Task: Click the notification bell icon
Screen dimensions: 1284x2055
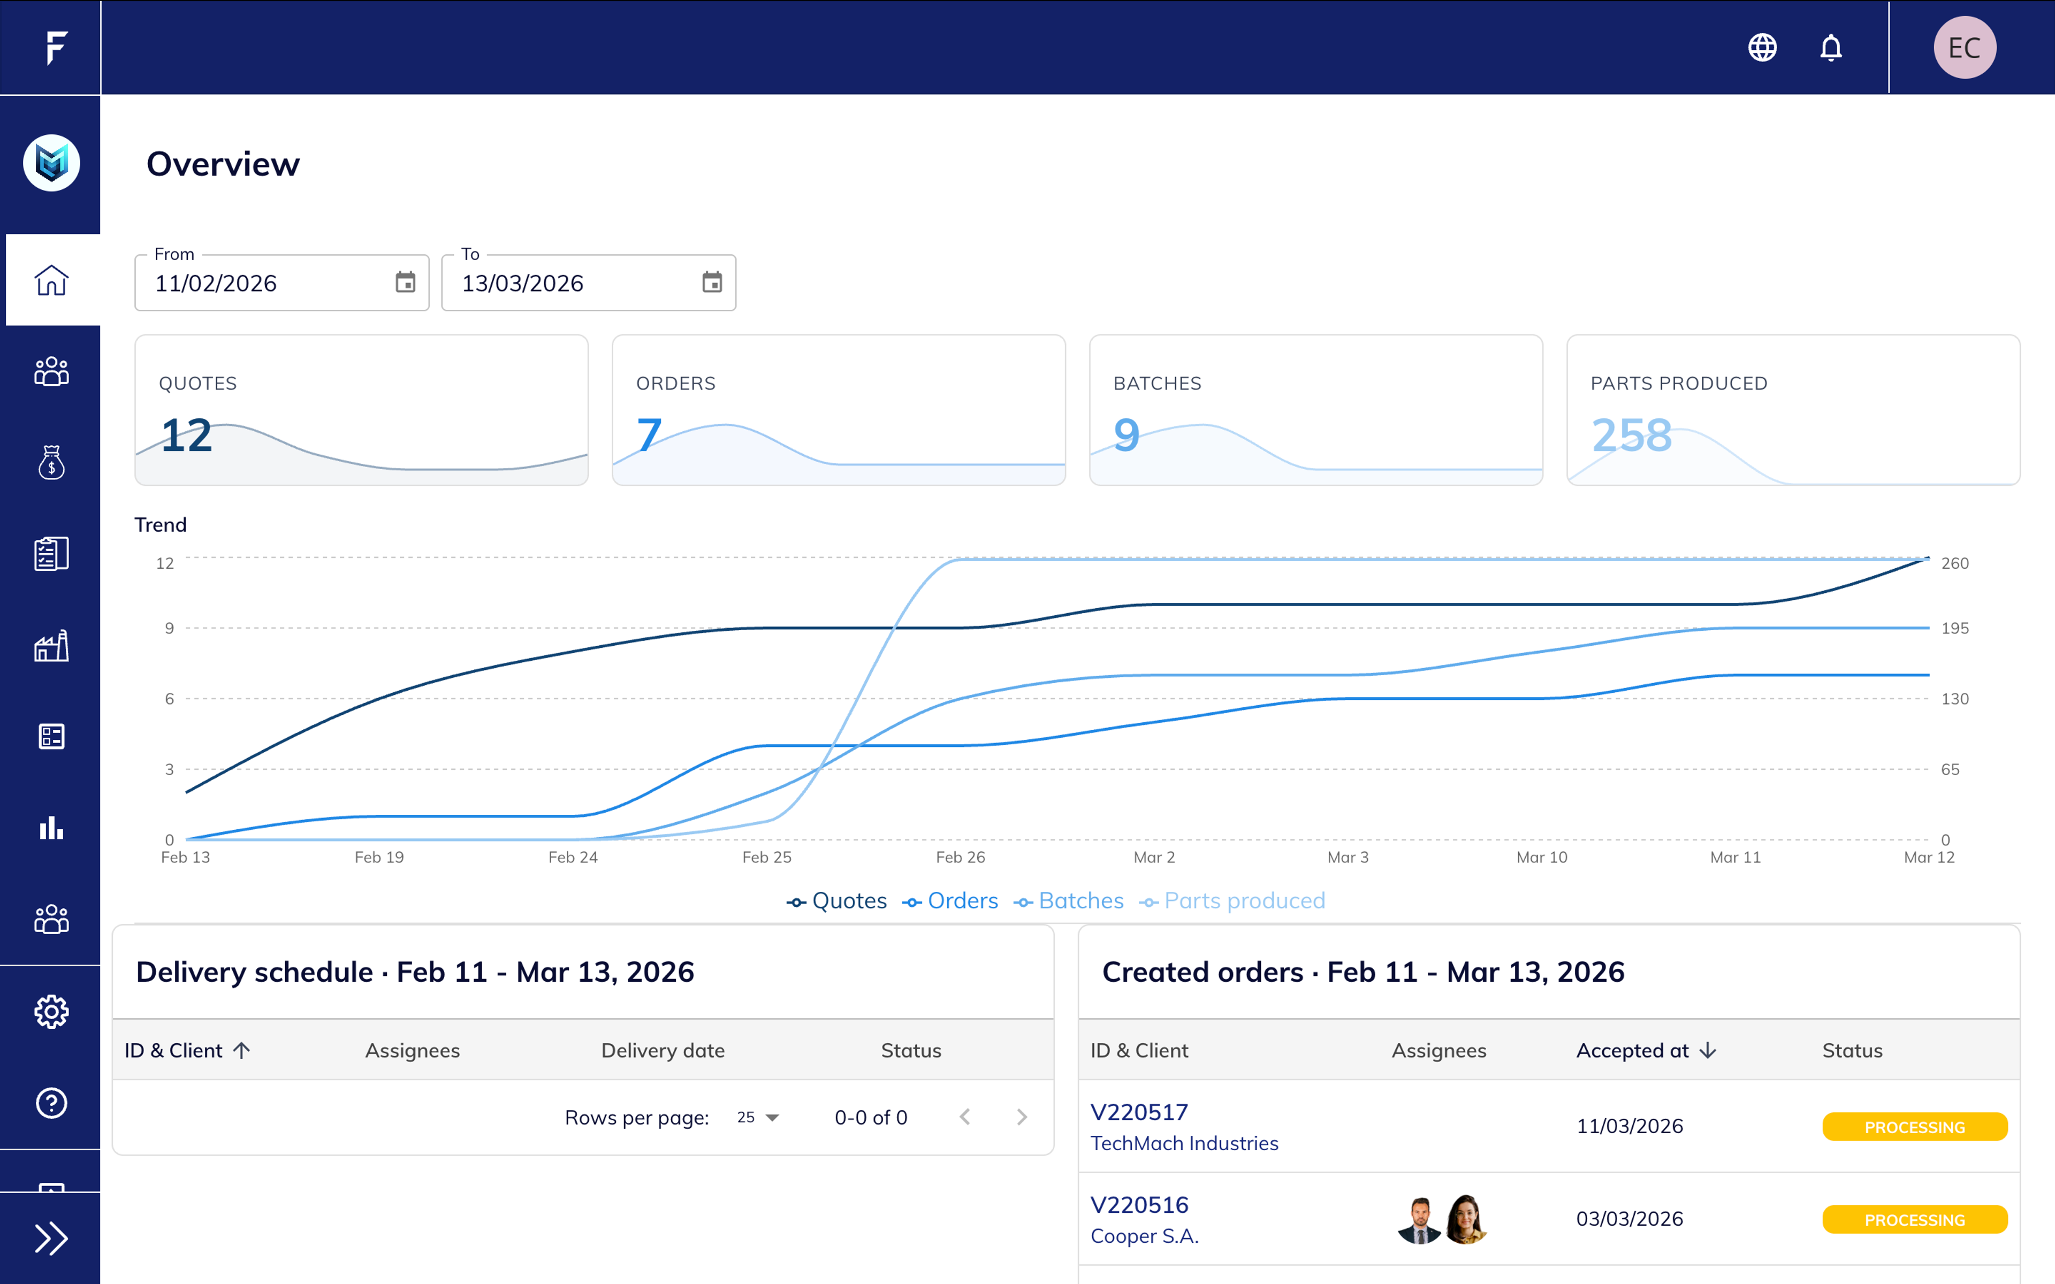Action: coord(1831,48)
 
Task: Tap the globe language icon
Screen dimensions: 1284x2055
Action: coord(1762,48)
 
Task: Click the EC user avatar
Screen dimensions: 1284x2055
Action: coord(1964,48)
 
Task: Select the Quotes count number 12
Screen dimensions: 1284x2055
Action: coord(186,435)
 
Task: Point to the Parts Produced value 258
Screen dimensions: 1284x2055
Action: coord(1631,435)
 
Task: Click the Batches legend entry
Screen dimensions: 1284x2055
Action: coord(1069,901)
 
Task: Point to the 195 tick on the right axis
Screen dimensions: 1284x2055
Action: coord(1954,629)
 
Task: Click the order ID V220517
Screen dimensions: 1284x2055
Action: coord(1139,1112)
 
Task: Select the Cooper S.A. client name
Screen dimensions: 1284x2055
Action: coord(1144,1236)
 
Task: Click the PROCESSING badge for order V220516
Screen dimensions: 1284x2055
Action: coord(1914,1219)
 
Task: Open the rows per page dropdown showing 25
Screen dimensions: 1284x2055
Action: coord(757,1118)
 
